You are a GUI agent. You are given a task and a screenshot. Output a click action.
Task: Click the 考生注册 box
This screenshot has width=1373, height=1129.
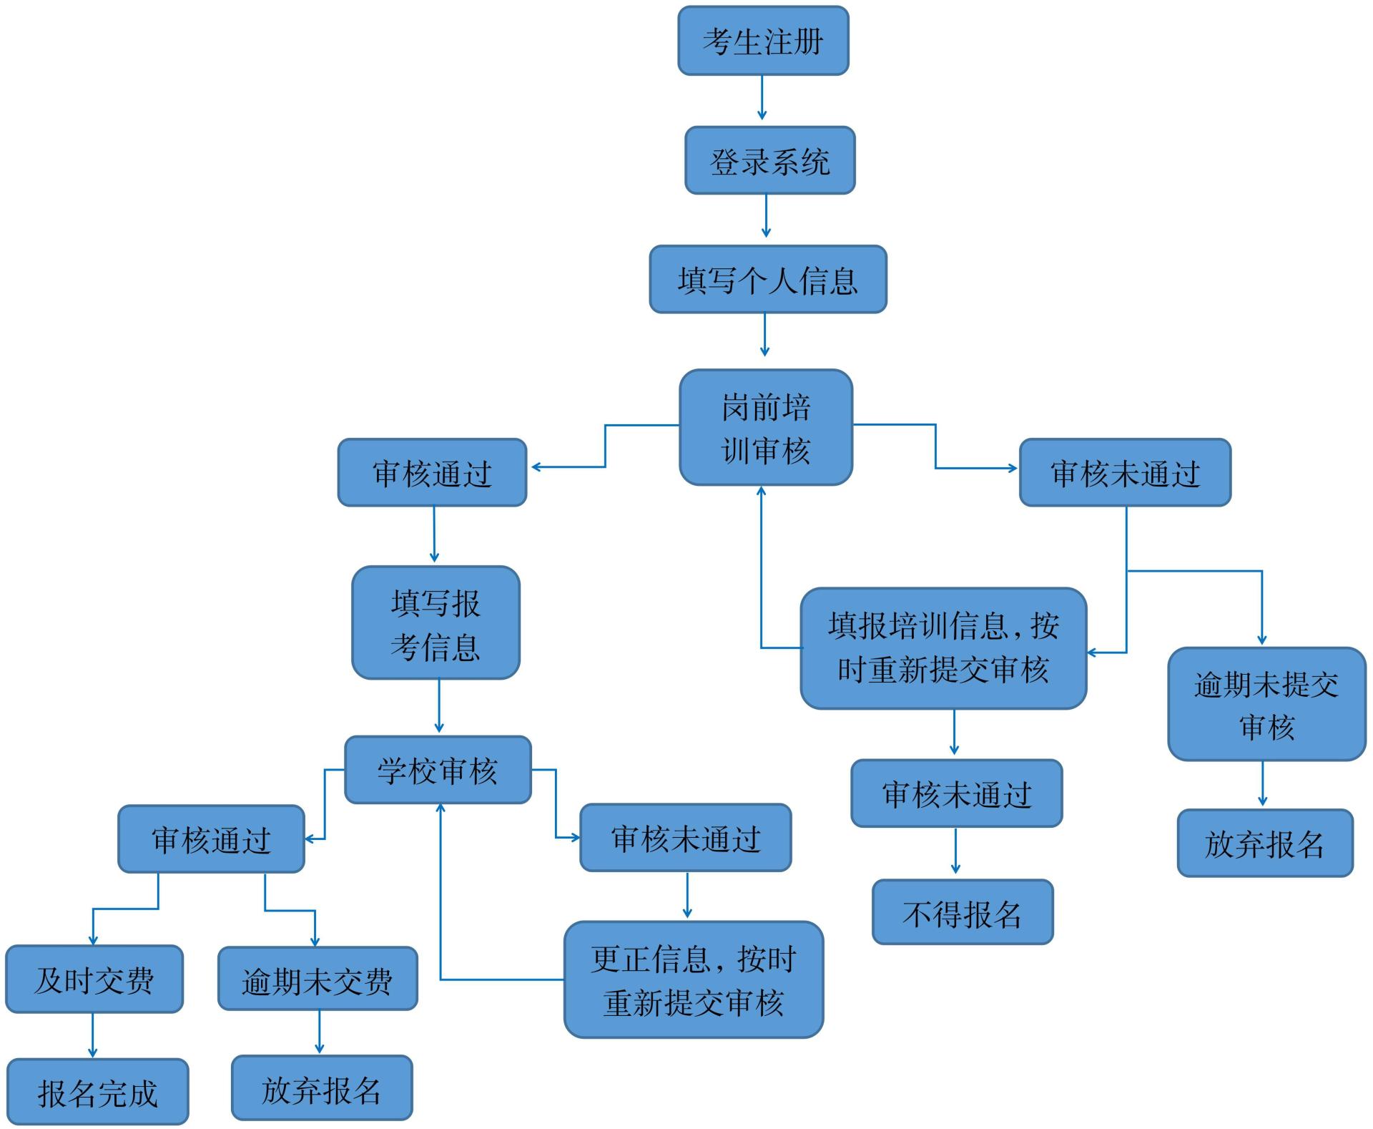tap(762, 41)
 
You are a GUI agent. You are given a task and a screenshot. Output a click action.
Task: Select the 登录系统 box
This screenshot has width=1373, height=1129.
tap(769, 161)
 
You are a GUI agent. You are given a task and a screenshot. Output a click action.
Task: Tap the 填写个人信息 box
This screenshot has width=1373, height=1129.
tap(767, 280)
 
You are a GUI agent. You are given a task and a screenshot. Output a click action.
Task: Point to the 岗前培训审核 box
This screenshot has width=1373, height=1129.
tap(765, 428)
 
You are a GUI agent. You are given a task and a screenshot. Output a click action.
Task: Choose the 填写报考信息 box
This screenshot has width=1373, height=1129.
tap(435, 623)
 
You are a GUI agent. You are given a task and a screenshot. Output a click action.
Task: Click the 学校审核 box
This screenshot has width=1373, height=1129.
tap(438, 770)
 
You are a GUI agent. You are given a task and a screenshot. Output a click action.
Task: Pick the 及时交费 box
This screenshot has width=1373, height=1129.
tap(94, 979)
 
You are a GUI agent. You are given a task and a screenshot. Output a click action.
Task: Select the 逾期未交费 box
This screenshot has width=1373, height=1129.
tap(318, 979)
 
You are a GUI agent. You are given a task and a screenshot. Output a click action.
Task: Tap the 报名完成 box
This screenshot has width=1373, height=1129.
tap(98, 1092)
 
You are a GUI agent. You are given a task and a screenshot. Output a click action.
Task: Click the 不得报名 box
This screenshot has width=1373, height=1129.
tap(963, 913)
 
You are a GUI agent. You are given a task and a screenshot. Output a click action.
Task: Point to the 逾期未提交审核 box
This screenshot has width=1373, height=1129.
tap(1266, 705)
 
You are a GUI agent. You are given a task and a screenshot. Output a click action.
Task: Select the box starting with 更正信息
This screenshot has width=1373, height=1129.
tap(693, 980)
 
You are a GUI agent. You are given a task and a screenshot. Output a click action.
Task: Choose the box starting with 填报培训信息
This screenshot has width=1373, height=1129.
tap(943, 649)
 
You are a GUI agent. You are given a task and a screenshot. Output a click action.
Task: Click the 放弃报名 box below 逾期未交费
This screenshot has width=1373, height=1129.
tap(322, 1088)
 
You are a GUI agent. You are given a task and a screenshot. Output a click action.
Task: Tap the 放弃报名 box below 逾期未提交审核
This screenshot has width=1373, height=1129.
tap(1265, 844)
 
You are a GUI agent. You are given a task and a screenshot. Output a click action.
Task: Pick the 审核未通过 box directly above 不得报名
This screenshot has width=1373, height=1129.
tap(956, 794)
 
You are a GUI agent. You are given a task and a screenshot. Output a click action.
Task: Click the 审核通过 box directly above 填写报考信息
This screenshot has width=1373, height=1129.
tap(432, 473)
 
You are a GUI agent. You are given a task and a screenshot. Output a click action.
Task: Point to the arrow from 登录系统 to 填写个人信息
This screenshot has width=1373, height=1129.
tap(766, 216)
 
